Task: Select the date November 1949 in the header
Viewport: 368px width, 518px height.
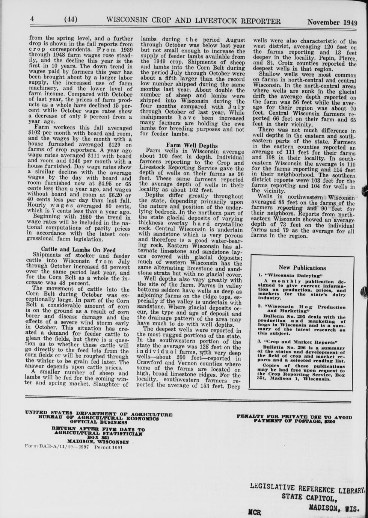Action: pos(332,22)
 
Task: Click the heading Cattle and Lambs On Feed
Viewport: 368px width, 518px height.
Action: pos(78,249)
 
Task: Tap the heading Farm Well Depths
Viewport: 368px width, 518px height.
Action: pos(192,145)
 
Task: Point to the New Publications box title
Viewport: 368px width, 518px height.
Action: pos(302,268)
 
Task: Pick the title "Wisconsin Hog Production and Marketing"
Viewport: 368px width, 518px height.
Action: pos(303,309)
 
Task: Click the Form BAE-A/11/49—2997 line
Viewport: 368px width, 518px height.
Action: pos(57,447)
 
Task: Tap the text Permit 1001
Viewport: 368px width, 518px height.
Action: pos(109,447)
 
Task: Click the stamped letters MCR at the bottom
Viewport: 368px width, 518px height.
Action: pos(254,512)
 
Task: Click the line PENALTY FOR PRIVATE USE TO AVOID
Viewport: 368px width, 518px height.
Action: pos(294,417)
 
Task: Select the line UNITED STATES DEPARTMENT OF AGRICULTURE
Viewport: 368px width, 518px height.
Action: pos(99,414)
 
